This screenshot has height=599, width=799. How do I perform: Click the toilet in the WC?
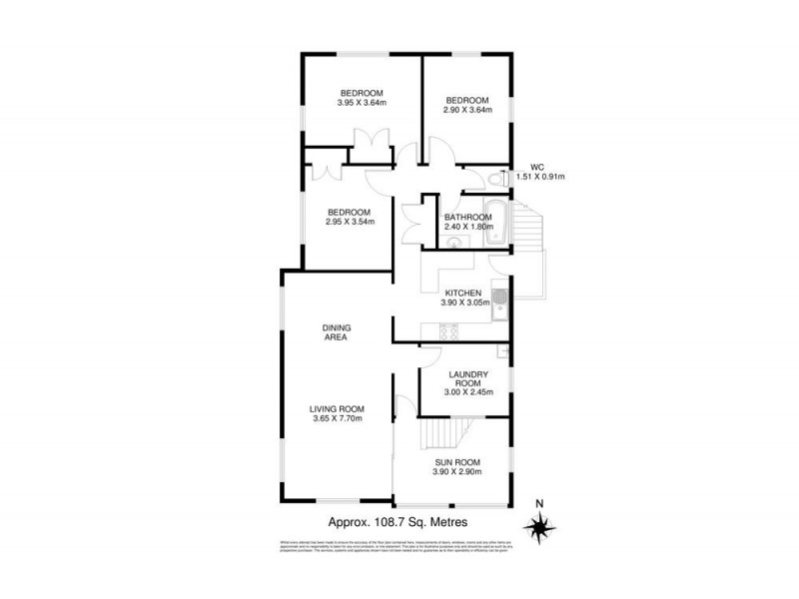[496, 180]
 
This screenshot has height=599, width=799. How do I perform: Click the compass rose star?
[540, 524]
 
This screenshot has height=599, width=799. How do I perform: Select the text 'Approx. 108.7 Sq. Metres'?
[399, 522]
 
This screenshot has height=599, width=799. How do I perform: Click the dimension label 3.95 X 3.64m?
[362, 103]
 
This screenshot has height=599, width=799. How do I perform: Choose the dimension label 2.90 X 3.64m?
[467, 110]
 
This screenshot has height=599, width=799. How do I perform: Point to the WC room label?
[536, 167]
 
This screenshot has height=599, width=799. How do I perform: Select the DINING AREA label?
[336, 332]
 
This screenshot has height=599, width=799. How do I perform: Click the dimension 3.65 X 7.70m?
[336, 418]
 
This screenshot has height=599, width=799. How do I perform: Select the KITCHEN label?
[462, 293]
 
